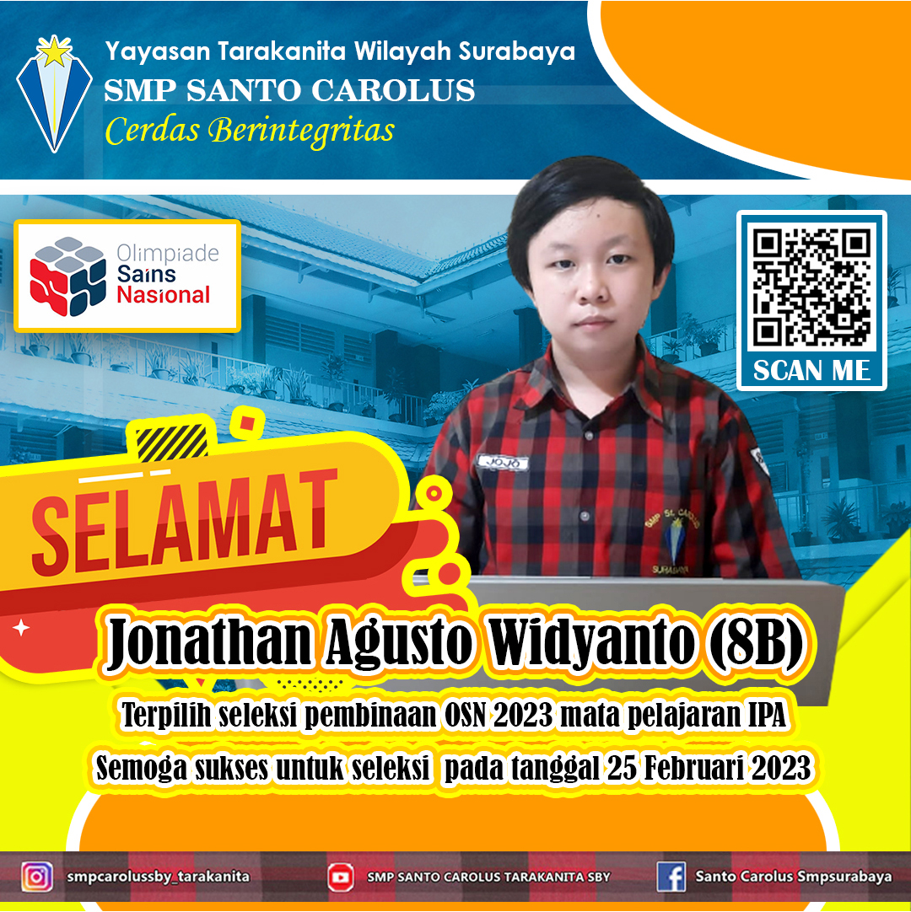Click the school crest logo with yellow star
[x=54, y=93]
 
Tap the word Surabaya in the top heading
[x=517, y=51]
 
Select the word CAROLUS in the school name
[x=393, y=91]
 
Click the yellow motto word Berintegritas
[x=302, y=131]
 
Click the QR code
[x=811, y=287]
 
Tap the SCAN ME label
[x=811, y=371]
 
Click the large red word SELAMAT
[x=184, y=521]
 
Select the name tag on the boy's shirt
[x=503, y=463]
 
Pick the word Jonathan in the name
[x=209, y=643]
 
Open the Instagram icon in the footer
[x=36, y=877]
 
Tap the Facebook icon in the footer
[x=671, y=877]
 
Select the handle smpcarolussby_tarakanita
[x=158, y=877]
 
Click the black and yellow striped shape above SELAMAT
[x=172, y=442]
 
